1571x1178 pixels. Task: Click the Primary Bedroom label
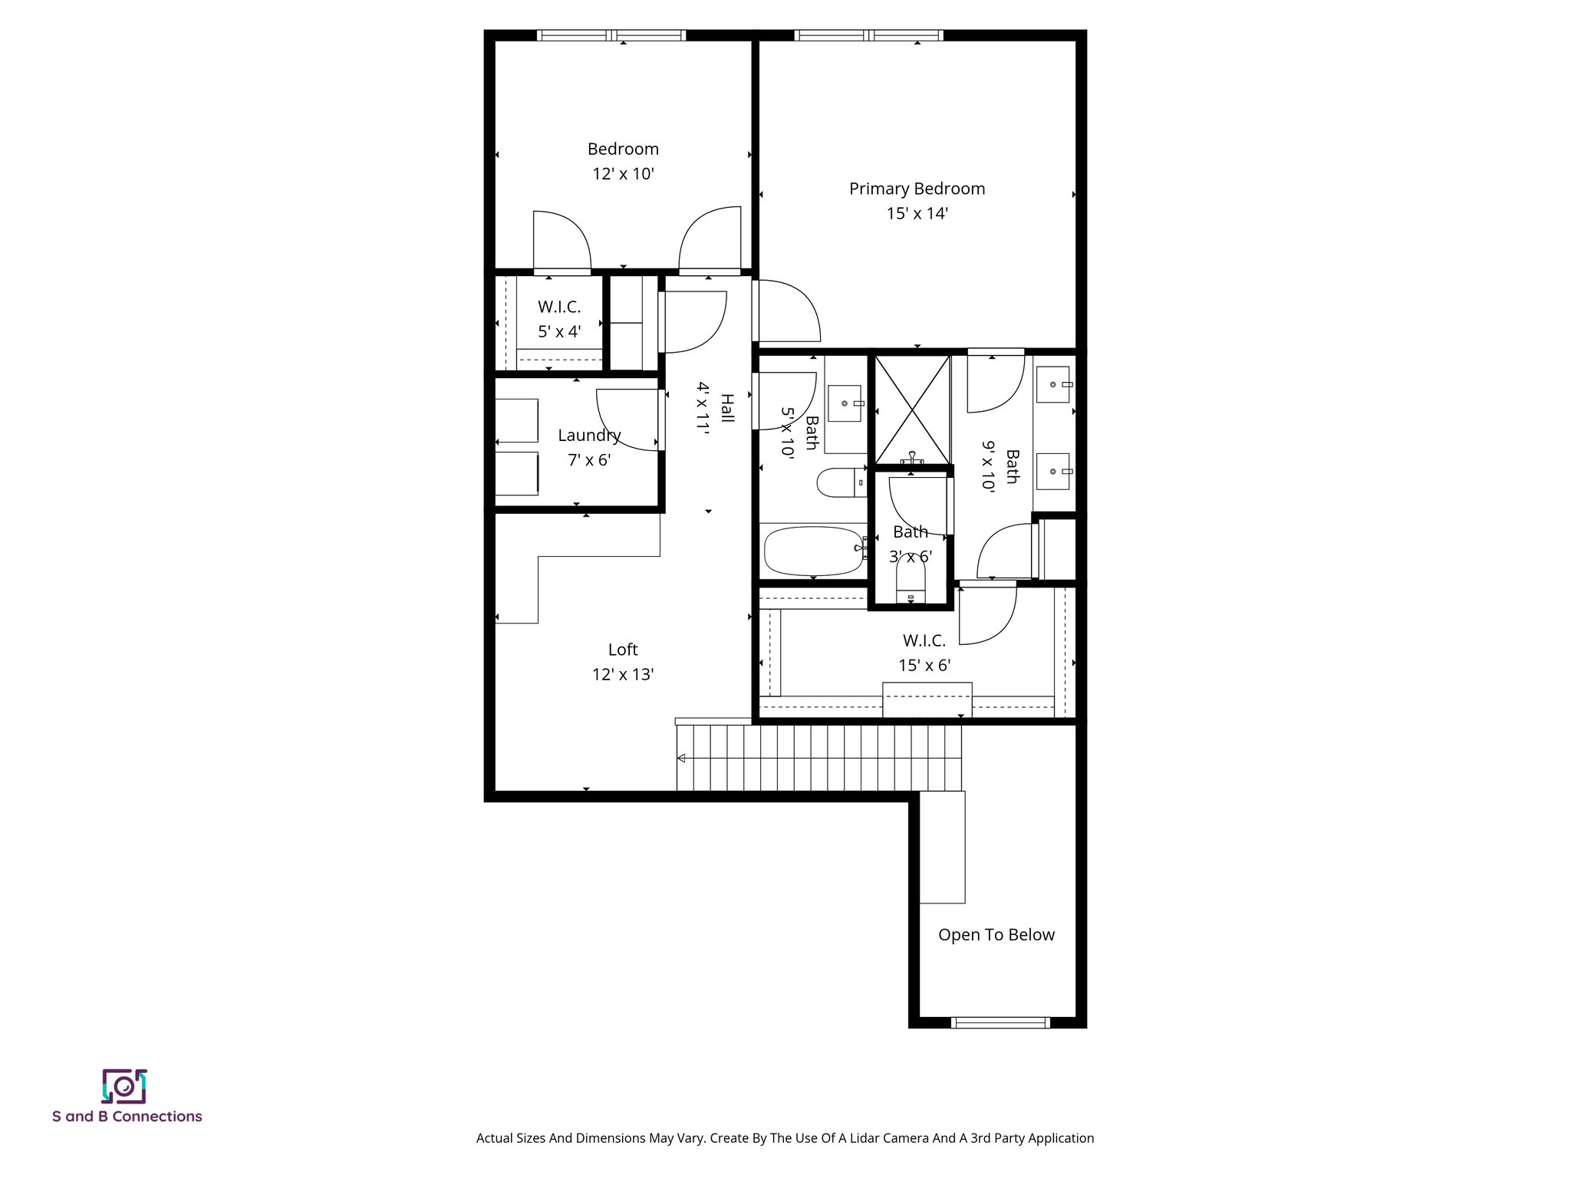917,189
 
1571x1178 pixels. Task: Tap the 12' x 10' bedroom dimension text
623,174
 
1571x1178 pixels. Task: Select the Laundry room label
589,436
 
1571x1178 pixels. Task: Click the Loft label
623,650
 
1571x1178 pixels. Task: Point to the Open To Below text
996,935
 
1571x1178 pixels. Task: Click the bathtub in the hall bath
813,551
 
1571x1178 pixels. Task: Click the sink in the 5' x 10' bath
845,403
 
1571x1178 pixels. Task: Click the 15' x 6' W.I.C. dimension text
924,666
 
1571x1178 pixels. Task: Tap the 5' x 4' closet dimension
559,332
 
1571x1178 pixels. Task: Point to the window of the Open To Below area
1000,1022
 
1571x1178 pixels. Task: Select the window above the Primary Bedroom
868,35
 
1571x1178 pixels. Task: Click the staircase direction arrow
680,758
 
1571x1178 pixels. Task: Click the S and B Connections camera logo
124,1087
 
